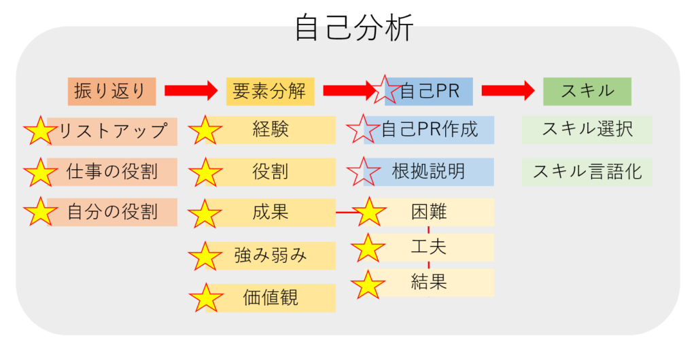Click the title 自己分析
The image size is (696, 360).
[x=354, y=27]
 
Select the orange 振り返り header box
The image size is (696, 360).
[x=112, y=91]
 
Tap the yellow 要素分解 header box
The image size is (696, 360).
[x=271, y=91]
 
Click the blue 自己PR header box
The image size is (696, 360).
[x=429, y=91]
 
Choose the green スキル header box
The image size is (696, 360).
[x=587, y=91]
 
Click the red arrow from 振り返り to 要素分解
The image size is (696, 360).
[x=191, y=91]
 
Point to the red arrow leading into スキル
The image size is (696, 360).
[x=508, y=91]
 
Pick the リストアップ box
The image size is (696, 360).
[x=112, y=132]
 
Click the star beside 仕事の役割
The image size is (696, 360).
[x=40, y=173]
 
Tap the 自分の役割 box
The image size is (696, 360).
[x=112, y=213]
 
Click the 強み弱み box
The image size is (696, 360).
[x=271, y=255]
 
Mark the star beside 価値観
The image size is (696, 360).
[x=206, y=298]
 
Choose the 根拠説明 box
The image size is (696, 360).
[x=429, y=172]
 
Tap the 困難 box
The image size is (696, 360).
[x=429, y=212]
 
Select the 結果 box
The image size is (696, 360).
[x=429, y=283]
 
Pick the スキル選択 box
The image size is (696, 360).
[x=587, y=130]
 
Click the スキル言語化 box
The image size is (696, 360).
[x=587, y=172]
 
